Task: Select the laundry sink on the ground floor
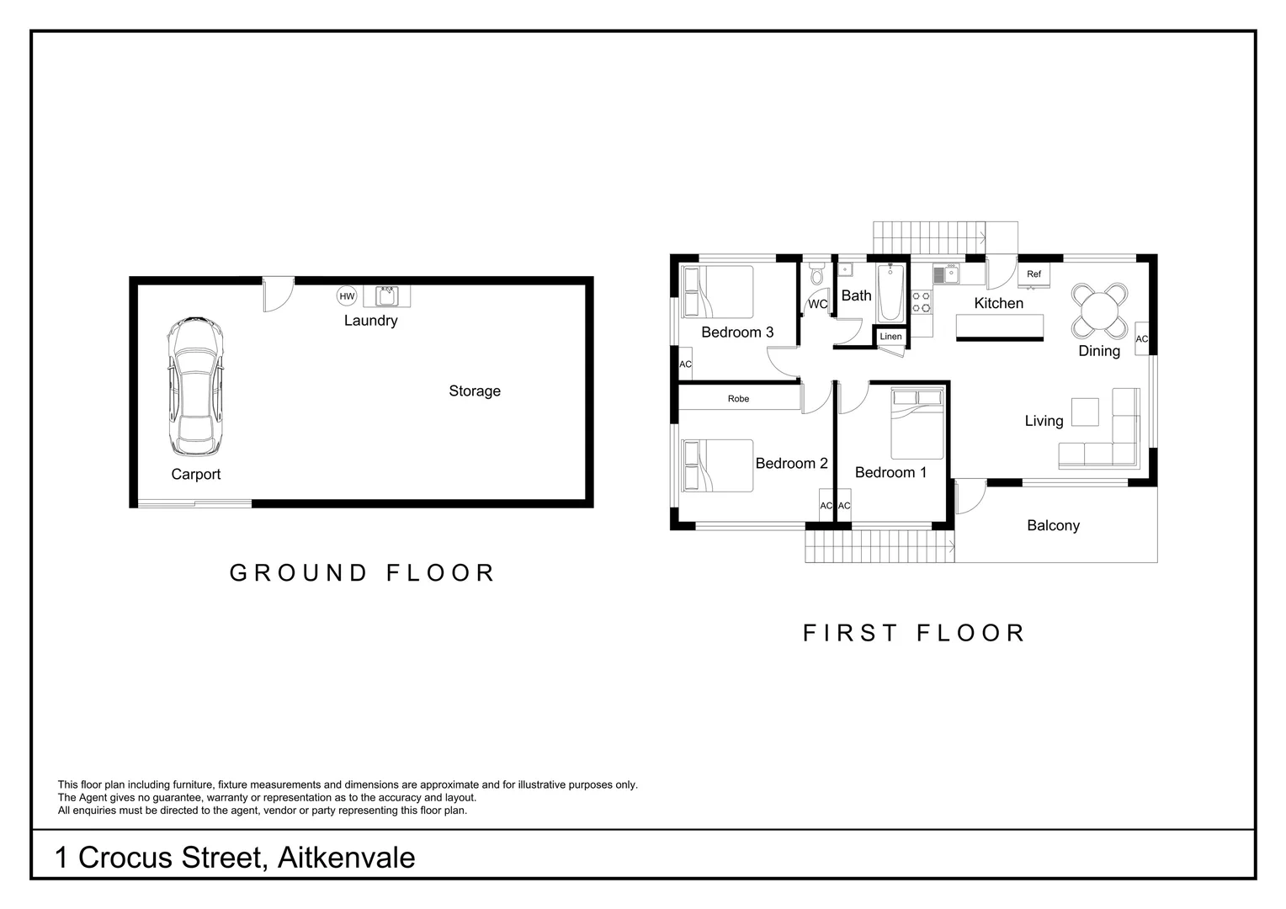point(387,296)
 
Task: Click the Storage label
point(475,391)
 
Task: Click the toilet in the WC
point(816,275)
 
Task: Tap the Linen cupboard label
point(890,337)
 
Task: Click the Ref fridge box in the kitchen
point(1034,274)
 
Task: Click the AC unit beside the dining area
point(1141,339)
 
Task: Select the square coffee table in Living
point(1085,412)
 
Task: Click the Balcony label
point(1053,525)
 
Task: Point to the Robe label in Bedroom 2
point(738,399)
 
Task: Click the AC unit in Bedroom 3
point(685,364)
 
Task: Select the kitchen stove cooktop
point(921,302)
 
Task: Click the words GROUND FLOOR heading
point(363,573)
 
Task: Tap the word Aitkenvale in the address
point(346,858)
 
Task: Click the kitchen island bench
point(999,327)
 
